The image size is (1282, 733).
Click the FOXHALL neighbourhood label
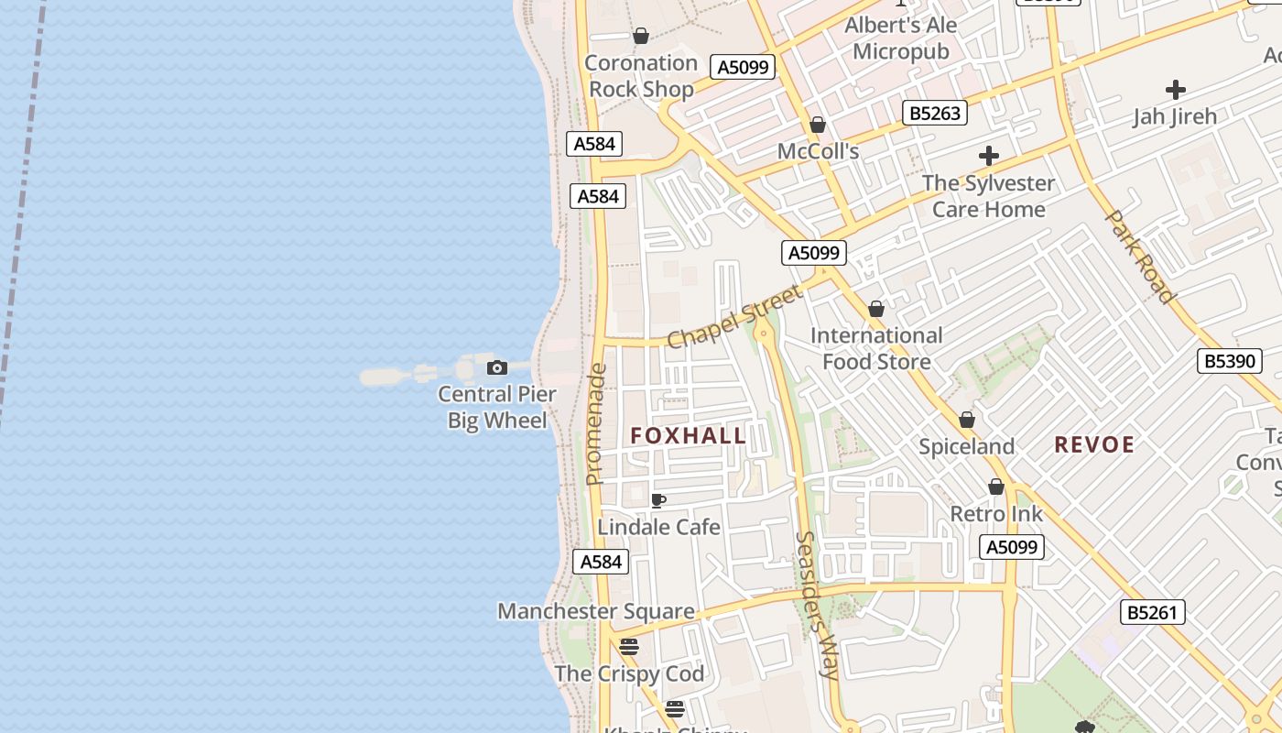pyautogui.click(x=689, y=436)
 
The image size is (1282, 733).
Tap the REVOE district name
pyautogui.click(x=1094, y=445)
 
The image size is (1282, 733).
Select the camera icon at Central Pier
pyautogui.click(x=497, y=367)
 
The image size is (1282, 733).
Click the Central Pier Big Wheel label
pyautogui.click(x=497, y=408)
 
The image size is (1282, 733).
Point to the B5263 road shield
pyautogui.click(x=935, y=113)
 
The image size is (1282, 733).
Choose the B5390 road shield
pyautogui.click(x=1229, y=361)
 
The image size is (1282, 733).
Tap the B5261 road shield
pyautogui.click(x=1152, y=612)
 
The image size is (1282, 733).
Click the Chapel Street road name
pyautogui.click(x=734, y=317)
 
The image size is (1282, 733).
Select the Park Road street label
pyautogui.click(x=1139, y=257)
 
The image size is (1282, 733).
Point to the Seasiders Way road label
pyautogui.click(x=817, y=605)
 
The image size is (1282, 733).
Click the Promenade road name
pyautogui.click(x=596, y=424)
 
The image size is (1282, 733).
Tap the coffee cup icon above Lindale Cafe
pyautogui.click(x=657, y=500)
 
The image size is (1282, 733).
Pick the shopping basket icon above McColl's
pyautogui.click(x=818, y=125)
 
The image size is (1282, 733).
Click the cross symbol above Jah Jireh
pyautogui.click(x=1176, y=90)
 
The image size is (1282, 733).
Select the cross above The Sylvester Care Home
pyautogui.click(x=989, y=156)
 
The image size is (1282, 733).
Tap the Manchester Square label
pyautogui.click(x=595, y=611)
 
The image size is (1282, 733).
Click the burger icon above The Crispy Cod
pyautogui.click(x=628, y=646)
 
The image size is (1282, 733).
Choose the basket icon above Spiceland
pyautogui.click(x=967, y=421)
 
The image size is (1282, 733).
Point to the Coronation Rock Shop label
pyautogui.click(x=641, y=76)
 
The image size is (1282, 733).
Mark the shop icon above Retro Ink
pyautogui.click(x=996, y=487)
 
